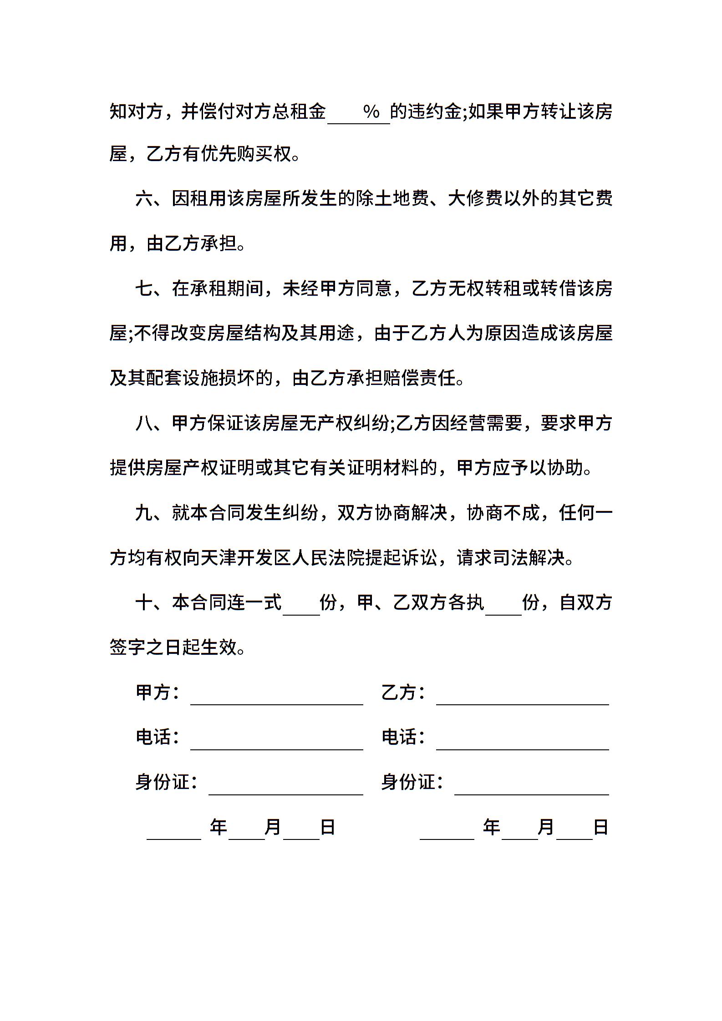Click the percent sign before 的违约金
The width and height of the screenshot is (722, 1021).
coord(371,111)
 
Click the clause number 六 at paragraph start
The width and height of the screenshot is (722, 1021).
coord(145,199)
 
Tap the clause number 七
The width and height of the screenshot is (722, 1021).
coord(145,288)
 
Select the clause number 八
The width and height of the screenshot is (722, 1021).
coord(145,423)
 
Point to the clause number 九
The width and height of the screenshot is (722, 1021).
coord(145,513)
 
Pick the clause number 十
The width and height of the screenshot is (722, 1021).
coord(145,602)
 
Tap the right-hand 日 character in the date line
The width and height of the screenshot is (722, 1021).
coord(600,827)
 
